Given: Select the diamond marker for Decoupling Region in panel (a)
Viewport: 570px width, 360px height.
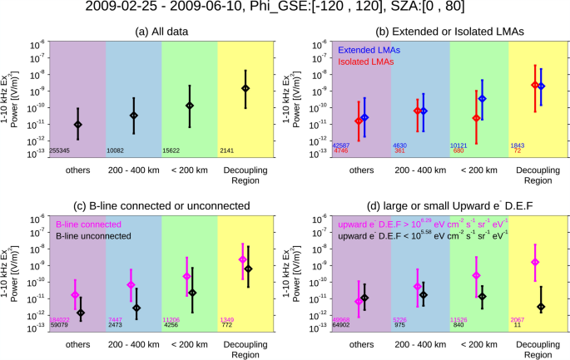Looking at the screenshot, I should [x=245, y=88].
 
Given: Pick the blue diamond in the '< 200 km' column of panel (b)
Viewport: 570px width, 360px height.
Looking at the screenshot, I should [x=483, y=98].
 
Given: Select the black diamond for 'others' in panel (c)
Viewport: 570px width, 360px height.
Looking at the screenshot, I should [x=81, y=313].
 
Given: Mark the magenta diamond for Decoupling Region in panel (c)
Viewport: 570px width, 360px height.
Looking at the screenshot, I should [x=242, y=259].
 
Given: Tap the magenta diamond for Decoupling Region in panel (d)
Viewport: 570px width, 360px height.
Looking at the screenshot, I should [x=535, y=262].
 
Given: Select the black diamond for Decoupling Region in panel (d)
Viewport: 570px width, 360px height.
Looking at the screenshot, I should [x=542, y=307].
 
